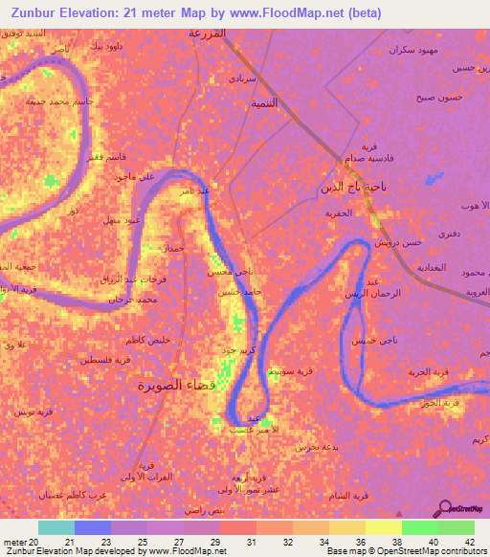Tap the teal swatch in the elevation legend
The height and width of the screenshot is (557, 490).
click(56, 527)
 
